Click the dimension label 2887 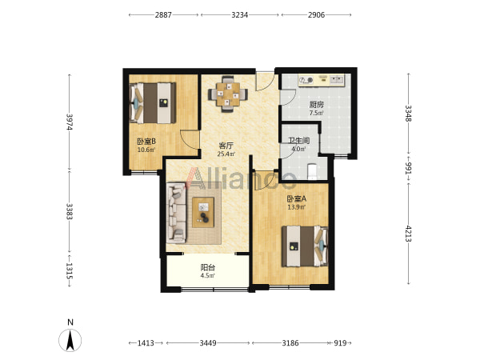click(x=163, y=14)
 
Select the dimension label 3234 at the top click(x=240, y=14)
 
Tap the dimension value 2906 click(x=316, y=14)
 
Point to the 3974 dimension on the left click(x=70, y=122)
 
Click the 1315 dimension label click(x=70, y=271)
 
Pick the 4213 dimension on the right click(x=408, y=234)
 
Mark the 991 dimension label click(x=408, y=168)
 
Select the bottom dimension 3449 click(x=208, y=343)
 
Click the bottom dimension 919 click(x=340, y=343)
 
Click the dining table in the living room click(x=228, y=94)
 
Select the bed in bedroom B click(x=153, y=103)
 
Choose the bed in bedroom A click(x=306, y=246)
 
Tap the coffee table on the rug click(x=203, y=213)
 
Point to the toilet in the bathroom click(x=312, y=172)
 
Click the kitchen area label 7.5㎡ click(x=316, y=113)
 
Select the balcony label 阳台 click(x=208, y=267)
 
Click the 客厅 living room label click(x=226, y=146)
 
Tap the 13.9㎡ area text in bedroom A click(x=296, y=207)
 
